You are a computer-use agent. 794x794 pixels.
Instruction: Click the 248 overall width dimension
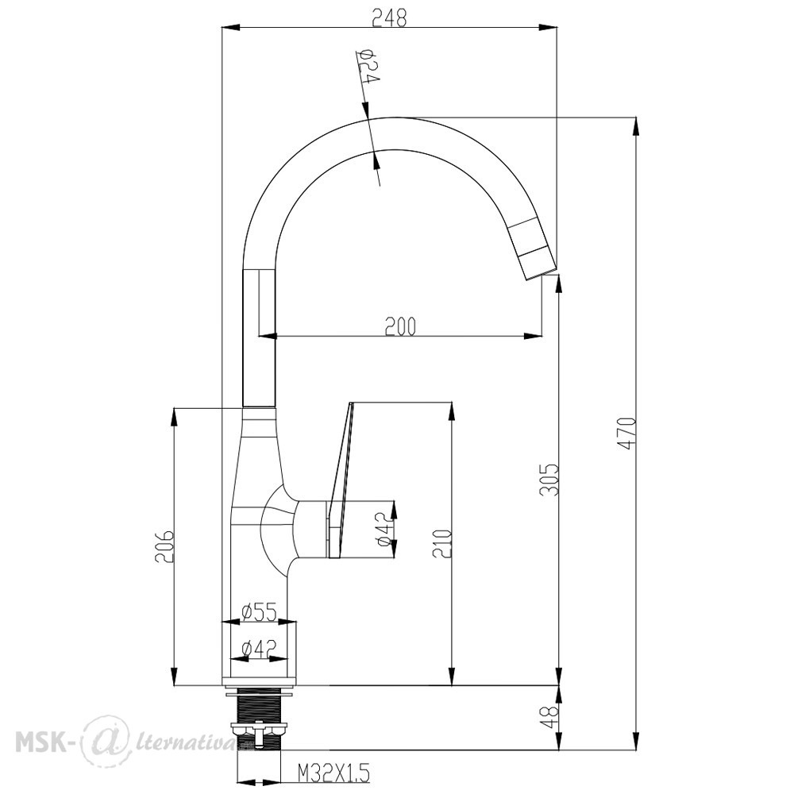pos(389,19)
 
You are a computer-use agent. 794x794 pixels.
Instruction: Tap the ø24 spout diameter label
pos(368,66)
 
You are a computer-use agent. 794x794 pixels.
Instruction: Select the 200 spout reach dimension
pos(400,326)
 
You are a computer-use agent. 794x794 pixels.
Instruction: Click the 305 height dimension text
pos(549,479)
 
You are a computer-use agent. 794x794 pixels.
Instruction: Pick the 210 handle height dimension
pos(442,543)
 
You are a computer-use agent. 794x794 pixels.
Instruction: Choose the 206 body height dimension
pos(165,547)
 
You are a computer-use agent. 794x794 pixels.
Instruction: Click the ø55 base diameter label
pos(260,612)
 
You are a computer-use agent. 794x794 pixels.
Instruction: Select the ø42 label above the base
pos(260,649)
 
